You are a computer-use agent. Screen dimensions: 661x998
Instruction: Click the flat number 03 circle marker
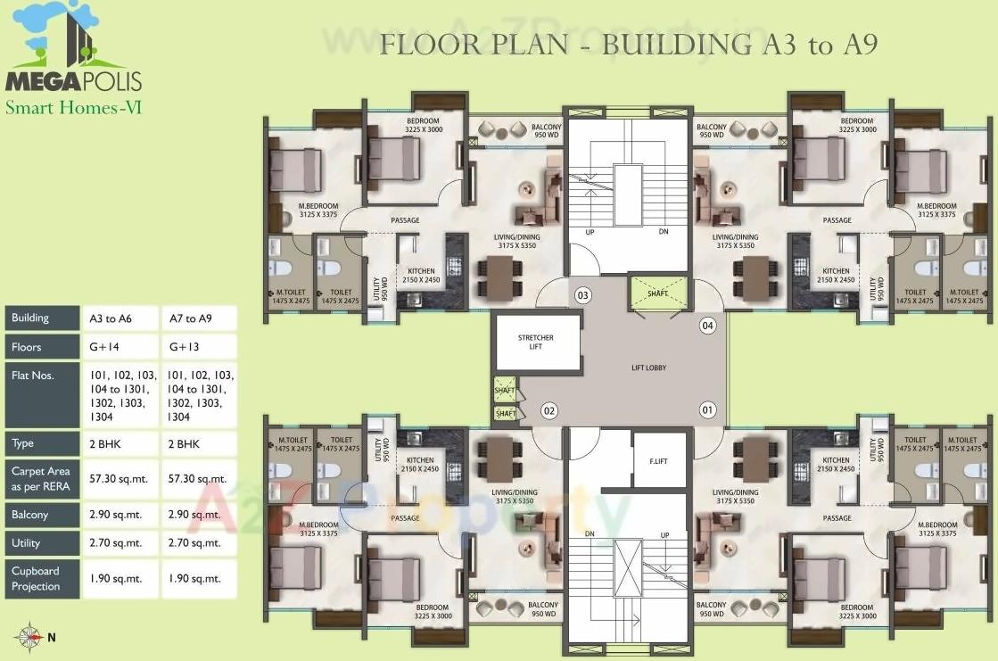pyautogui.click(x=583, y=294)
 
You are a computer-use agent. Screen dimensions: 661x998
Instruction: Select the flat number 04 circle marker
pyautogui.click(x=708, y=326)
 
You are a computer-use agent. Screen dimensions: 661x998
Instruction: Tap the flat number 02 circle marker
pyautogui.click(x=549, y=411)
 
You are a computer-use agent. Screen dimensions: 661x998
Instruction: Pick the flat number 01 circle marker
pyautogui.click(x=708, y=410)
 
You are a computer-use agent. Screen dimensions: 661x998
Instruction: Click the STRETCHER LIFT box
pyautogui.click(x=536, y=343)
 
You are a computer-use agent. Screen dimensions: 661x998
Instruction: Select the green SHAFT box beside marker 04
pyautogui.click(x=659, y=293)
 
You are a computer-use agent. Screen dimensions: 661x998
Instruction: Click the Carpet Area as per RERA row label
pyautogui.click(x=41, y=478)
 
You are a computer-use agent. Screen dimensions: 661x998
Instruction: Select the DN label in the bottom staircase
pyautogui.click(x=590, y=534)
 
